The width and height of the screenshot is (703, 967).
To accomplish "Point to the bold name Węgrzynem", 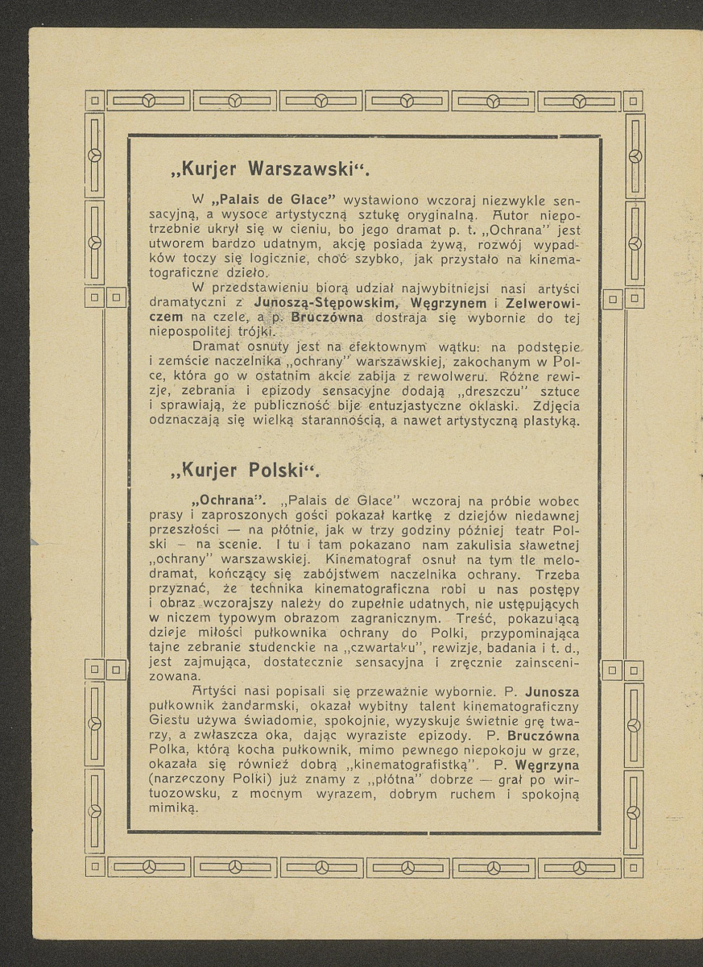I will tap(448, 303).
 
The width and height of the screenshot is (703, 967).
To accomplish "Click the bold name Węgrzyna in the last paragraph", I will tap(548, 764).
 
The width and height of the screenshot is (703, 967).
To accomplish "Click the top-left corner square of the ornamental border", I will tap(94, 101).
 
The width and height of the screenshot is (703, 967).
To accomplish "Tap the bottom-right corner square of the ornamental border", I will tap(635, 868).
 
